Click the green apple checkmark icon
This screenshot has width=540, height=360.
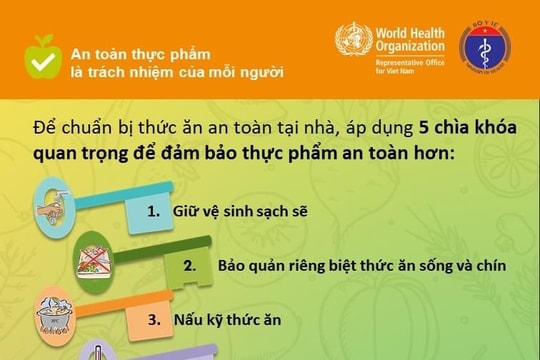click(43, 56)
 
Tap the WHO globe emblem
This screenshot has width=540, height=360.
click(353, 42)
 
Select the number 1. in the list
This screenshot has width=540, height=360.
click(154, 212)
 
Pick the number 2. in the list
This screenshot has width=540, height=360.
click(189, 266)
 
